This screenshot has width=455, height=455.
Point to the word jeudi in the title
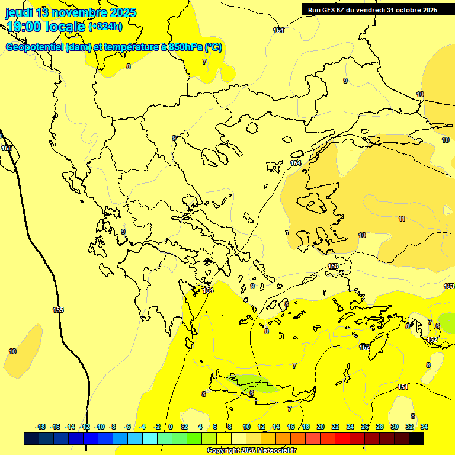pos(18,12)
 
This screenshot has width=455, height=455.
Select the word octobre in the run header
pos(408,10)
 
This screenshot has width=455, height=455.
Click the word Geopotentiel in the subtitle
pos(34,47)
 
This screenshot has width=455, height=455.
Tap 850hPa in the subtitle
pos(181,47)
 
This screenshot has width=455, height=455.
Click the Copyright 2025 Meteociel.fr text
pos(251,451)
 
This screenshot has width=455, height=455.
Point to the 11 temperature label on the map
pos(402,219)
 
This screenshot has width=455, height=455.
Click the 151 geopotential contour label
pos(403,387)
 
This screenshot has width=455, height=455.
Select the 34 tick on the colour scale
pos(424,427)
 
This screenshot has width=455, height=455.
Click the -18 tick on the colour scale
pos(41,427)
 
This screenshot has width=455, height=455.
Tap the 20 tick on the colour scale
pos(321,427)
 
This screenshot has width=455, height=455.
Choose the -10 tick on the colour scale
pos(100,427)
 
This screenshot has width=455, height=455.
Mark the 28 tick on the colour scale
pos(380,427)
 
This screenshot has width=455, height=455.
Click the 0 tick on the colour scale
pos(171,427)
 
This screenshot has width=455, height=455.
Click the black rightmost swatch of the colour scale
pos(416,439)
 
